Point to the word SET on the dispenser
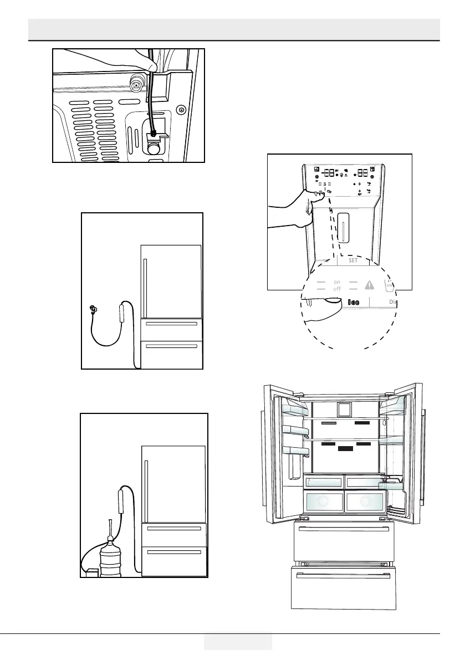click(x=353, y=260)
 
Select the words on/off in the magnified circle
click(x=337, y=285)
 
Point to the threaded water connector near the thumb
click(x=135, y=84)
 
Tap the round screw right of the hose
click(x=181, y=110)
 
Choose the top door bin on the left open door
click(x=295, y=411)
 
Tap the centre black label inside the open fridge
click(x=346, y=450)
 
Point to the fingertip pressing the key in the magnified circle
click(x=331, y=301)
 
